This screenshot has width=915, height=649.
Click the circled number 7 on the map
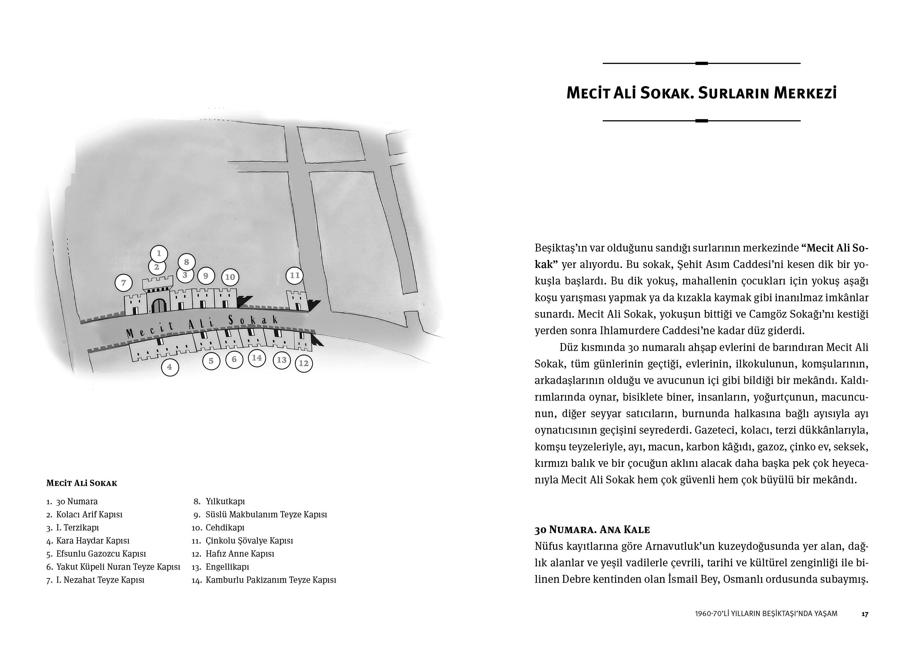click(x=124, y=283)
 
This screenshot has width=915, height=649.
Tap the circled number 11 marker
click(x=294, y=275)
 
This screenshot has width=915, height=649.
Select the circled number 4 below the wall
click(x=170, y=367)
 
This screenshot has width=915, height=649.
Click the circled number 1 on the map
click(x=159, y=253)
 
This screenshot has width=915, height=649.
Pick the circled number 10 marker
click(x=230, y=277)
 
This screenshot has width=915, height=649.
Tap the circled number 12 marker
click(x=304, y=363)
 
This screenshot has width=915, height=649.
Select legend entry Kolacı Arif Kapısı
click(x=89, y=514)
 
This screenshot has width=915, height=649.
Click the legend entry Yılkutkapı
click(x=225, y=501)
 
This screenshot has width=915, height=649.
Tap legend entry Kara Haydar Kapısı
click(x=93, y=541)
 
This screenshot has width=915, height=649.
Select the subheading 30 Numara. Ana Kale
click(x=592, y=530)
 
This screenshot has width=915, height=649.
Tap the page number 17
click(x=865, y=614)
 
